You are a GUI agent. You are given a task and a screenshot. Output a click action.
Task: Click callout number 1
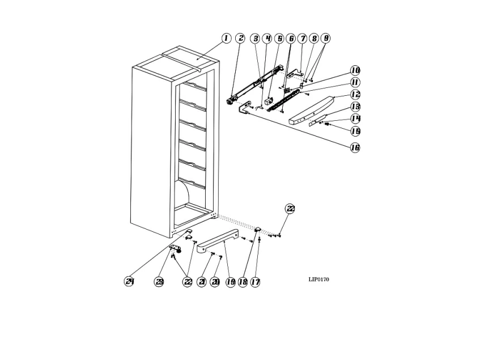tap(226, 38)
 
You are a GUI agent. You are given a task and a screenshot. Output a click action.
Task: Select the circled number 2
tap(240, 38)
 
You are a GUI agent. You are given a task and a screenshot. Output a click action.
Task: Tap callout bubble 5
tap(279, 39)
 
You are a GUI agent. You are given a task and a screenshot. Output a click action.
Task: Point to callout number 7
tap(303, 39)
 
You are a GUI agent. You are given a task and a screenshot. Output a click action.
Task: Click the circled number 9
tap(326, 38)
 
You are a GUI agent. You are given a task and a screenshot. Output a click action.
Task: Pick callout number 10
tap(355, 70)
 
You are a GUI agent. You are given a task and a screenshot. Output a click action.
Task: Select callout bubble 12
tap(355, 95)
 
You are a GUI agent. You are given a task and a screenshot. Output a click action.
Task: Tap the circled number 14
tap(355, 118)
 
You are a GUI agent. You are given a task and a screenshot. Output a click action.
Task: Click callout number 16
tap(355, 147)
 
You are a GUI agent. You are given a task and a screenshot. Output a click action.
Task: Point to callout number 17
tap(255, 282)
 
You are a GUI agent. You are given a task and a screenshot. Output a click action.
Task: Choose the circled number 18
tap(243, 282)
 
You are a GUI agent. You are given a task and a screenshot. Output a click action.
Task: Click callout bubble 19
tap(230, 282)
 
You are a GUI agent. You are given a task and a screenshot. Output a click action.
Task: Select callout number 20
tap(215, 282)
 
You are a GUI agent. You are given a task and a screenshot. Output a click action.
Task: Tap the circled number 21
tap(202, 282)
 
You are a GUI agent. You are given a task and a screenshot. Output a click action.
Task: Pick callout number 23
tap(159, 282)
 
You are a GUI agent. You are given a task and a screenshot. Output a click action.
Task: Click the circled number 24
tap(129, 281)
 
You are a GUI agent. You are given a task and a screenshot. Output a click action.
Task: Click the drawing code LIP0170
tap(318, 279)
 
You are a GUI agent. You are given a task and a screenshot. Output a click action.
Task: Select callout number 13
tap(355, 107)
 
